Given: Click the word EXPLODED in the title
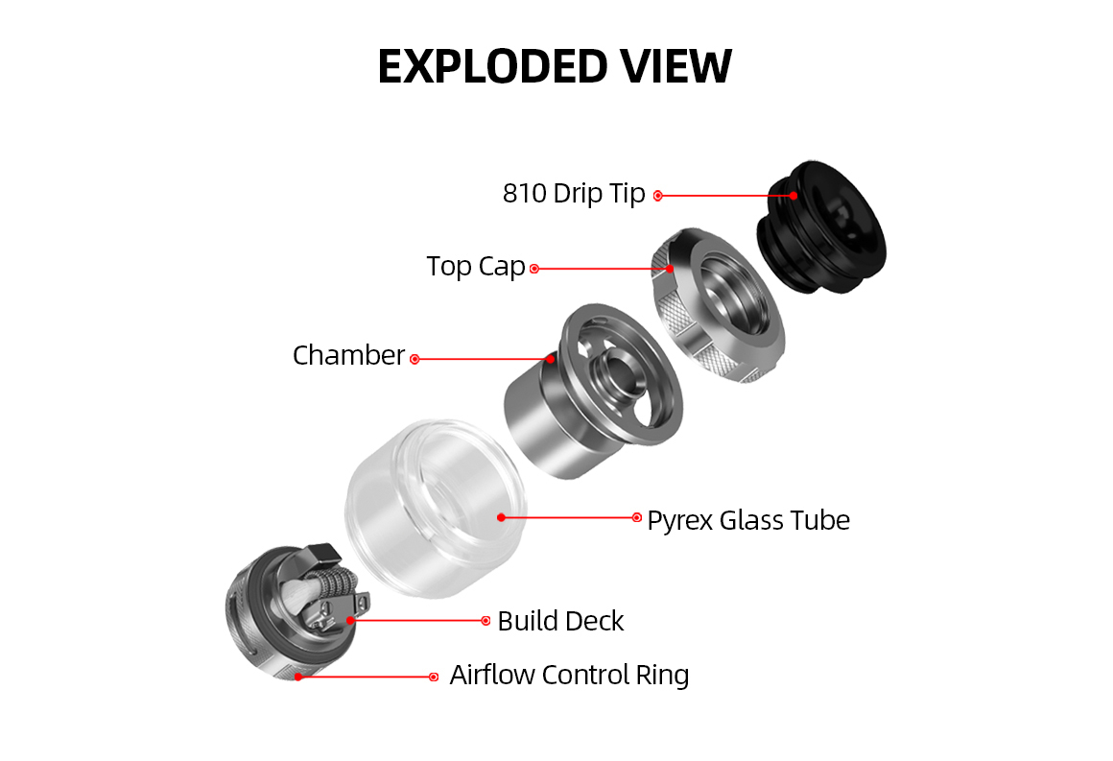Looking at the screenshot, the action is (492, 67).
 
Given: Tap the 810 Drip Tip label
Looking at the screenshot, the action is (574, 194).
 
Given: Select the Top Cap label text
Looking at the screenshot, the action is (476, 267).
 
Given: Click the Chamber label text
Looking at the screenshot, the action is (348, 355).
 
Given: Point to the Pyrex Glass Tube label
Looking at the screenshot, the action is (748, 520).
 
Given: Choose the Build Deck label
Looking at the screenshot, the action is (560, 621).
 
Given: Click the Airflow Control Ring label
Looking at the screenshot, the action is (569, 675).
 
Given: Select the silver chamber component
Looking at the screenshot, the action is (593, 391).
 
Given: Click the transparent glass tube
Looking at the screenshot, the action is (436, 508).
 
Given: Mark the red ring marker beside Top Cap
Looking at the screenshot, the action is (534, 269).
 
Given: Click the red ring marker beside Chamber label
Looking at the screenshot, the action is (414, 359).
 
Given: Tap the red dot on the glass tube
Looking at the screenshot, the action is (501, 517).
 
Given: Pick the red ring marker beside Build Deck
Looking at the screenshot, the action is (485, 621).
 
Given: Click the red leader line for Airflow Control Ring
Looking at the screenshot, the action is (366, 678).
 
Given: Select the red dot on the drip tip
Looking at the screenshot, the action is (793, 195).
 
